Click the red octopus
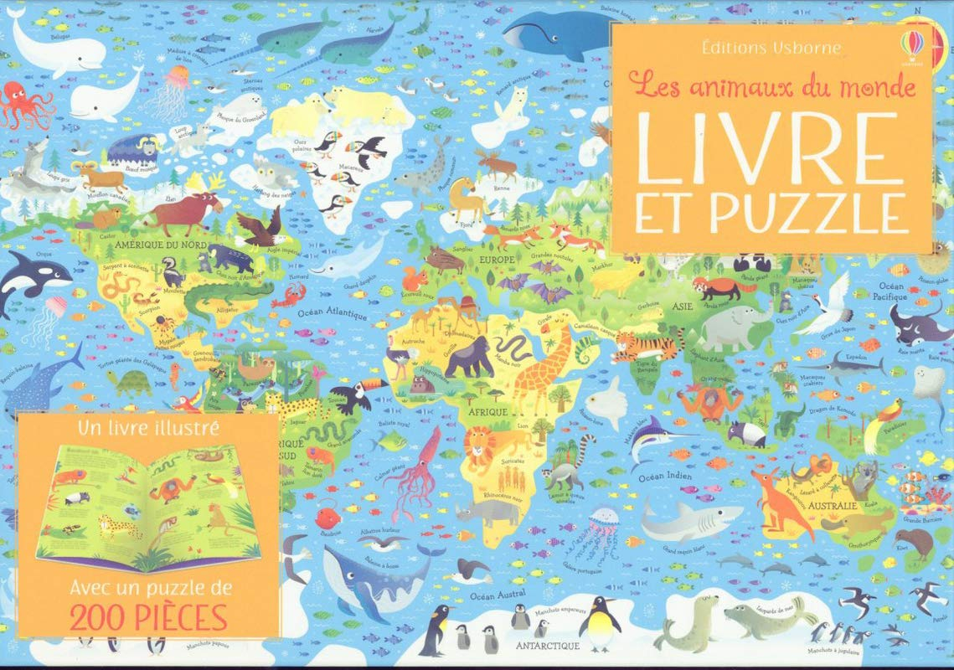(25, 106)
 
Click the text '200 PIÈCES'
(149, 617)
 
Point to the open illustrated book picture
(148, 503)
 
